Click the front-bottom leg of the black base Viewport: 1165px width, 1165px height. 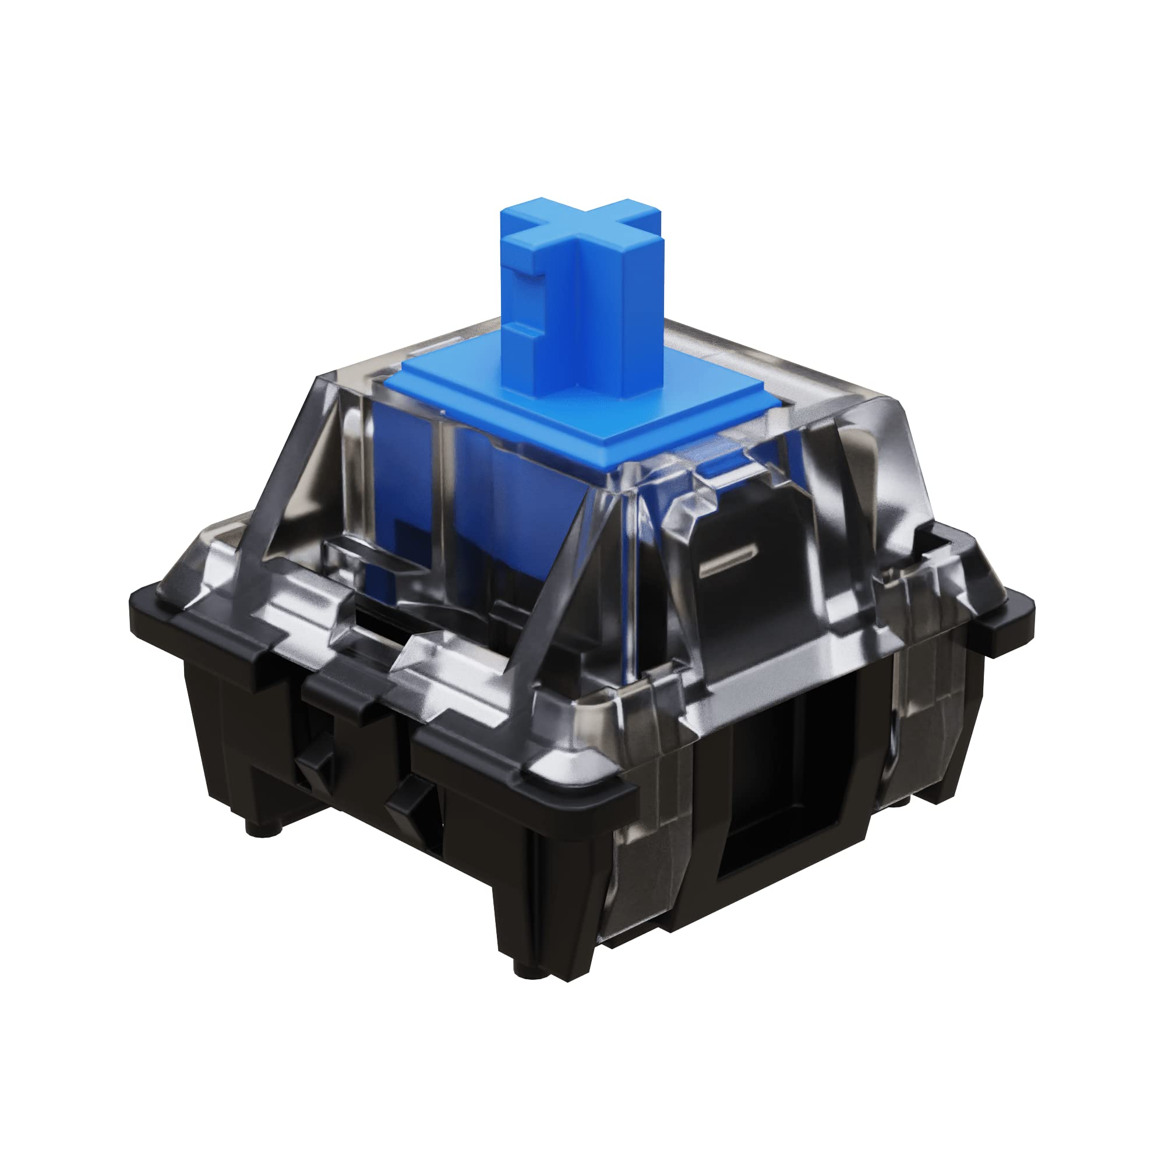pos(543,905)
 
